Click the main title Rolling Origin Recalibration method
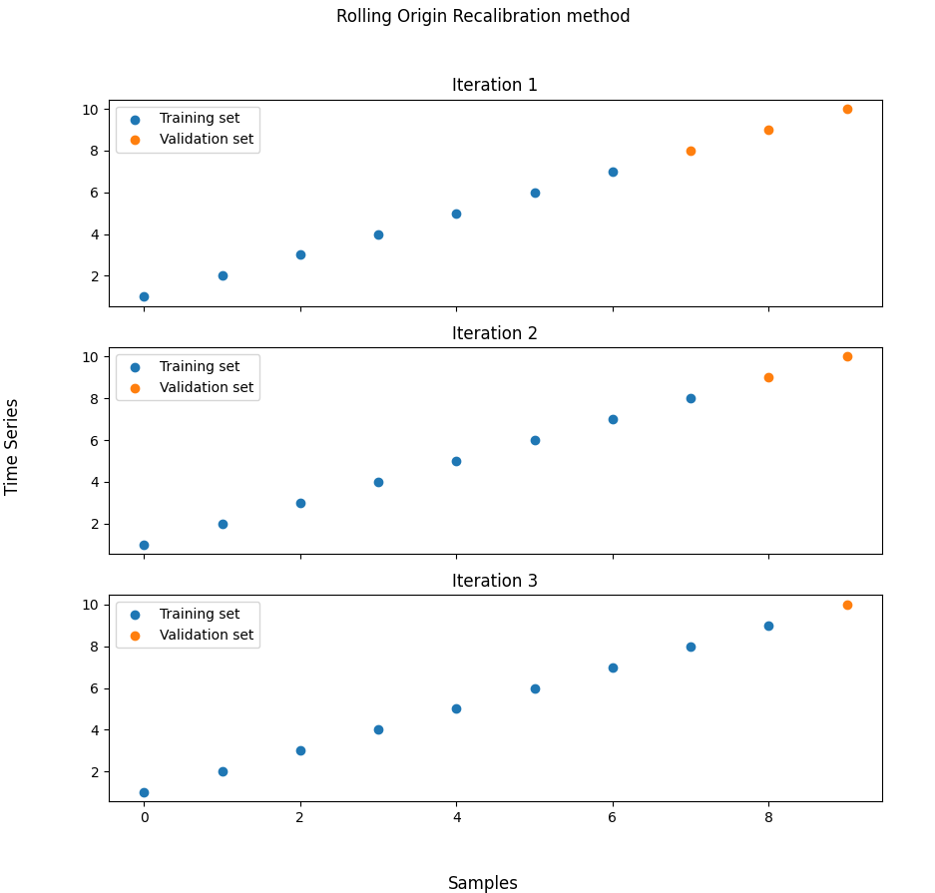click(483, 17)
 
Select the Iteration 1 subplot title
click(494, 86)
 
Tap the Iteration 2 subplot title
click(494, 333)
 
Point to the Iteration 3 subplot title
click(494, 581)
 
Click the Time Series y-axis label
click(13, 446)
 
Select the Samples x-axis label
click(483, 883)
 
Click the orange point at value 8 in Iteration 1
click(691, 151)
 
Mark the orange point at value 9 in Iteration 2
click(768, 377)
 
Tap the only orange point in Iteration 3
click(847, 605)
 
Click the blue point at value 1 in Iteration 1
click(144, 296)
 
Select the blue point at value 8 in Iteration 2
click(691, 398)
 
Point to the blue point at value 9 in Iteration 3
click(768, 626)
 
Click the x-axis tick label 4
click(456, 818)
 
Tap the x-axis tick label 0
click(144, 818)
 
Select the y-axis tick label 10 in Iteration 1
click(93, 110)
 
